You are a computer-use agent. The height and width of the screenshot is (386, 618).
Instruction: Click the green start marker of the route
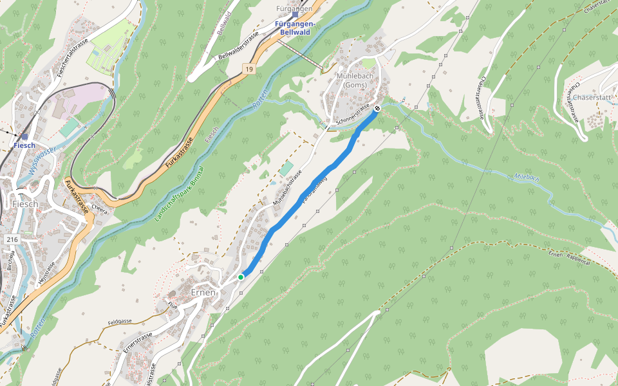(241, 277)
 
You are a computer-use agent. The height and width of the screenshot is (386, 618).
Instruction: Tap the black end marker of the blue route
(377, 108)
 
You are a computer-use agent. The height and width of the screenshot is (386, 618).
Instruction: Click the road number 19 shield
(248, 68)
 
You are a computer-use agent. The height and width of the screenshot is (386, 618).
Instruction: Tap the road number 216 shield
(12, 239)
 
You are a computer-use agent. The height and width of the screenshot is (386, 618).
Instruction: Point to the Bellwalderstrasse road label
(238, 46)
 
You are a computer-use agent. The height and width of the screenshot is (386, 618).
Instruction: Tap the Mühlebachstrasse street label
(286, 191)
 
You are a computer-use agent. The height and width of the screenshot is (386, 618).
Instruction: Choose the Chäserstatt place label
(591, 98)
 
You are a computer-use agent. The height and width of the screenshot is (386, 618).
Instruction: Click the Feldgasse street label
(120, 320)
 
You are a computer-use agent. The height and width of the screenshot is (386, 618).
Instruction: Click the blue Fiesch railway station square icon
(24, 136)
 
